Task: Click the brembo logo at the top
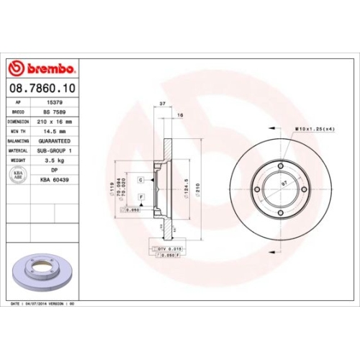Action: [x=42, y=68]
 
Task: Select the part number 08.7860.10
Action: [x=41, y=87]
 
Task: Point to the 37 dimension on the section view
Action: [x=162, y=104]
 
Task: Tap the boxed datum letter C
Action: [x=141, y=179]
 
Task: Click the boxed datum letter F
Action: [x=141, y=197]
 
